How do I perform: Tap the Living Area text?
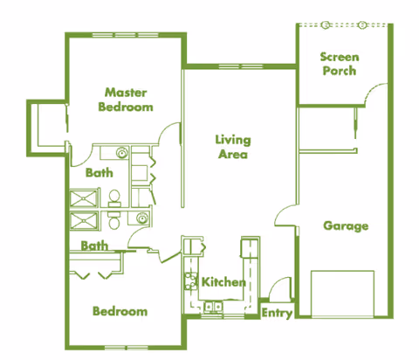pyautogui.click(x=233, y=146)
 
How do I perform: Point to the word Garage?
pyautogui.click(x=346, y=225)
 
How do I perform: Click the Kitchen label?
pyautogui.click(x=223, y=282)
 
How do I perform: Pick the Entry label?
pyautogui.click(x=277, y=313)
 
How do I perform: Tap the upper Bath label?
pyautogui.click(x=99, y=173)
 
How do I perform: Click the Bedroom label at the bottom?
pyautogui.click(x=120, y=310)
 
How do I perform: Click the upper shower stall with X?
pyautogui.click(x=85, y=198)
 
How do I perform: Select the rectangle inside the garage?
pyautogui.click(x=343, y=293)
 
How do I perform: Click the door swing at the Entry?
pyautogui.click(x=276, y=288)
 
